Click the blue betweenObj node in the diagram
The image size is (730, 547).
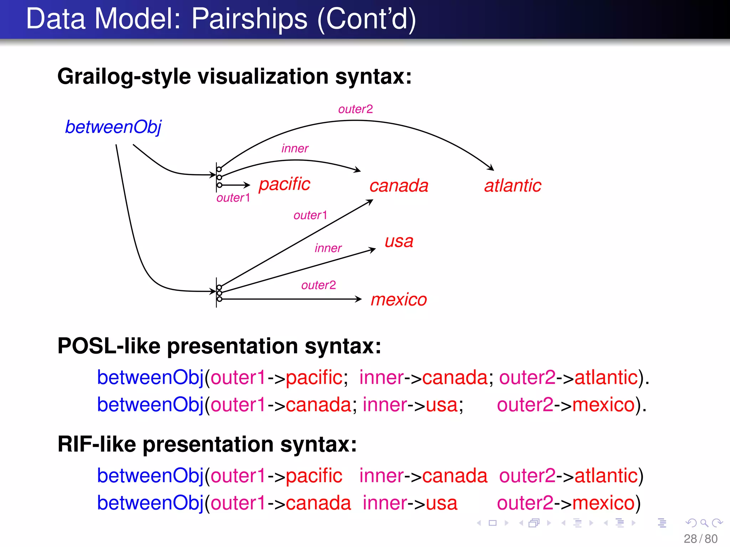[x=113, y=127]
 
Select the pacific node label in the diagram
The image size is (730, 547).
[x=284, y=184]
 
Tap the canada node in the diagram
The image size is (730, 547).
[x=399, y=186]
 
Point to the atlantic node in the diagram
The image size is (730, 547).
[x=513, y=186]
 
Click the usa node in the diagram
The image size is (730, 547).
[x=399, y=241]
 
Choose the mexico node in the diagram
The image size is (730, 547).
[x=399, y=299]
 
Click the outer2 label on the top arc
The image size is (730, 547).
[x=355, y=109]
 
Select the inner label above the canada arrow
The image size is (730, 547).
[x=295, y=148]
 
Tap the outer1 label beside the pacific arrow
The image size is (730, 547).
[x=233, y=198]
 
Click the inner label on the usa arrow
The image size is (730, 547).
[x=328, y=248]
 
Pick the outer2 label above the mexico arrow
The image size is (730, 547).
[x=318, y=285]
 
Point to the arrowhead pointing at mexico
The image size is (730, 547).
[x=359, y=299]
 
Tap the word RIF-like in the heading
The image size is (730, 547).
[x=97, y=444]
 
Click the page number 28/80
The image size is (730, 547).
[x=700, y=539]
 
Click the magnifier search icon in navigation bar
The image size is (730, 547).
[x=704, y=523]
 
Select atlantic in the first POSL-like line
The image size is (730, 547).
[x=606, y=377]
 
